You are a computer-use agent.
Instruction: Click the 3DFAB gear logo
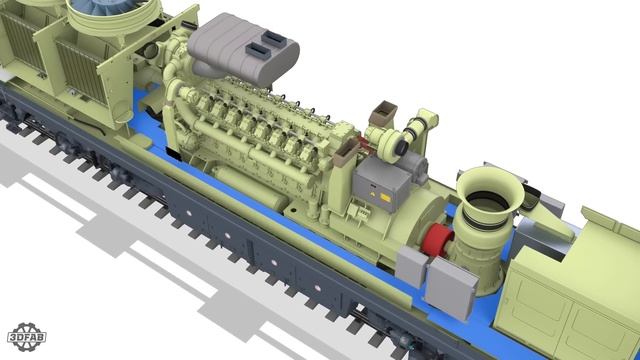(x=27, y=337)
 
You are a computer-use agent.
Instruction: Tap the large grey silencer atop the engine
(x=243, y=50)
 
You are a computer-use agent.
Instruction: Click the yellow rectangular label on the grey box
(x=385, y=197)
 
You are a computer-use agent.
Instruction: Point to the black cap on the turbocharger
(x=402, y=146)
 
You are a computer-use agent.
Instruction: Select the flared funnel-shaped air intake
(x=489, y=193)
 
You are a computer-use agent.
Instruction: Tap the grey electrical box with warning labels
(x=382, y=183)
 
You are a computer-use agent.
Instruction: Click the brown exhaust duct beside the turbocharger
(x=383, y=112)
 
